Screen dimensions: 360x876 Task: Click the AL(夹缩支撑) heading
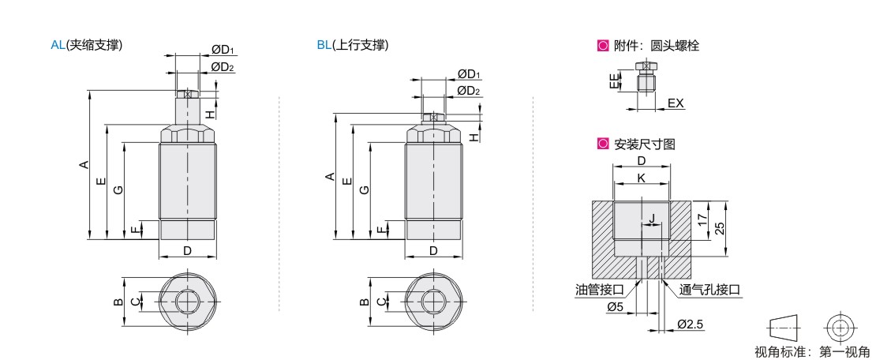[86, 45]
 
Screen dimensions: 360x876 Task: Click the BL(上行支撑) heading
[352, 45]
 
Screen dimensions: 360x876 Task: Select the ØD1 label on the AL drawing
[223, 51]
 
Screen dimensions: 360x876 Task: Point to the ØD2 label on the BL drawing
[469, 91]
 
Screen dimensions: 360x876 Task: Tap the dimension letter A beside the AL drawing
[83, 165]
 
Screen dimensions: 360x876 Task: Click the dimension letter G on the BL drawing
[364, 189]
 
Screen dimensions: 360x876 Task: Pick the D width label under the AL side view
[187, 251]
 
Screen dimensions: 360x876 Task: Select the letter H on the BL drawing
[474, 137]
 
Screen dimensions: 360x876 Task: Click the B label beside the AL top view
[117, 302]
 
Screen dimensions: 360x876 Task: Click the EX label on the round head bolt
[676, 103]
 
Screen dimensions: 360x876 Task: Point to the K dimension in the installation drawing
[641, 178]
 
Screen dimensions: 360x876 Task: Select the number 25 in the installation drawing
[719, 227]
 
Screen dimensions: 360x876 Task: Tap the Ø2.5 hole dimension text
[690, 324]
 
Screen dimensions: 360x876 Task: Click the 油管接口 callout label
[600, 289]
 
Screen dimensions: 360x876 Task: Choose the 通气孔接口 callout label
[709, 289]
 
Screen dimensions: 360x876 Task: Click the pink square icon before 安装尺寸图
[603, 144]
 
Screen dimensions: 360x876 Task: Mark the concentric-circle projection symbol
[840, 327]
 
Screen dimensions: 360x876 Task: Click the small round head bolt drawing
[645, 81]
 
